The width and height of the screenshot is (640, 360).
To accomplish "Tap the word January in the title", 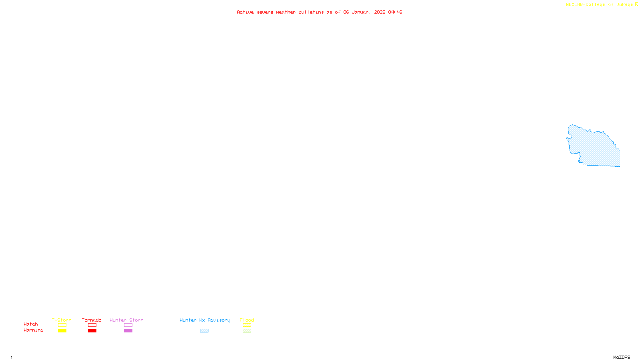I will click(361, 12).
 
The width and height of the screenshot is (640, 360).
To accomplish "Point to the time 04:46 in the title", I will click(395, 12).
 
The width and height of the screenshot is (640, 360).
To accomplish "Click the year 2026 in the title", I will click(380, 12).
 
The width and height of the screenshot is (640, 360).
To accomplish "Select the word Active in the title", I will click(245, 12).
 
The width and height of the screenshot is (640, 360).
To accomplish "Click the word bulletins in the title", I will click(311, 12).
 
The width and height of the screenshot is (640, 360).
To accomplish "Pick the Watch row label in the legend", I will click(31, 324).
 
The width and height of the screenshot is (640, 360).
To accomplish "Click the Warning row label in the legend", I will click(33, 330).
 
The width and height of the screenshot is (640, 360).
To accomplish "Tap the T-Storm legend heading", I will click(62, 320).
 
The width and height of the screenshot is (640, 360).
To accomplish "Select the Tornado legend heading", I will click(92, 320).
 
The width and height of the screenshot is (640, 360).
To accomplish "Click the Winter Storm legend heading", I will click(126, 320).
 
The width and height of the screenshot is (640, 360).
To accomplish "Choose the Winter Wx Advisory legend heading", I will click(205, 320).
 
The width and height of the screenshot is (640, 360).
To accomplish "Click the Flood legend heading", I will click(247, 320).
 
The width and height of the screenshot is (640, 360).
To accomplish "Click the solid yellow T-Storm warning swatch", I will click(62, 331).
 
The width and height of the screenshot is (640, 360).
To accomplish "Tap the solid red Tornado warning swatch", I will click(92, 331).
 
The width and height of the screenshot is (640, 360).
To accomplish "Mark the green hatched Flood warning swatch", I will click(247, 331).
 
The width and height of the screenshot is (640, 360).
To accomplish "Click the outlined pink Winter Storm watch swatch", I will click(128, 325).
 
